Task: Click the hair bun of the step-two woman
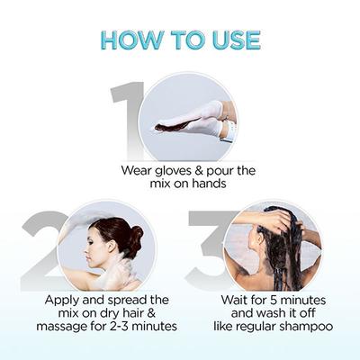[134, 236]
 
